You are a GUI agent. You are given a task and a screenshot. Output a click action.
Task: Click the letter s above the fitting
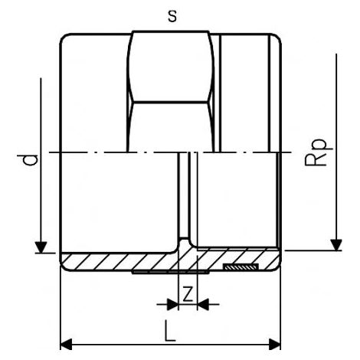[x=172, y=17]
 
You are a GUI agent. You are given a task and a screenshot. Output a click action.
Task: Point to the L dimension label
[x=170, y=331]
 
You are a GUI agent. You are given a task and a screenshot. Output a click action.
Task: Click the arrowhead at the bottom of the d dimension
[x=41, y=247]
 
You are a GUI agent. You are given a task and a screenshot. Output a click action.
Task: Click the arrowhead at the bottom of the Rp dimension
[x=336, y=245]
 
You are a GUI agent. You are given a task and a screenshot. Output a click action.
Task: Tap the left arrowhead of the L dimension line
[x=66, y=345]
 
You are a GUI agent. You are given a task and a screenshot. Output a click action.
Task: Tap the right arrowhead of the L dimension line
[x=275, y=345]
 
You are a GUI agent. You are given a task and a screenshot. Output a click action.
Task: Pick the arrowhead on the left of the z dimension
[x=172, y=304]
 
